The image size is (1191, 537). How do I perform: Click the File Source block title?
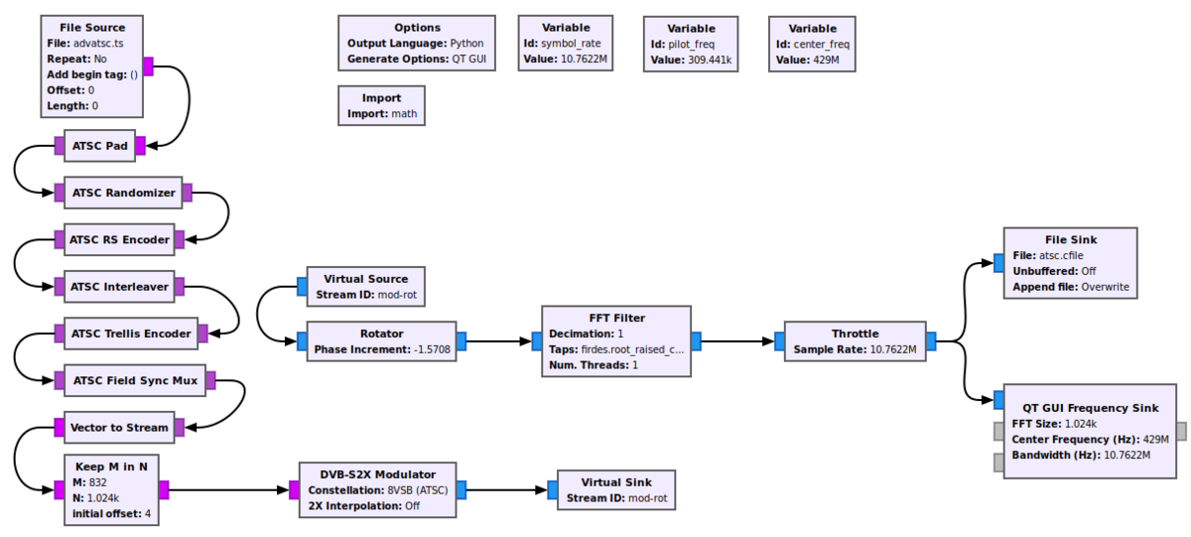[93, 27]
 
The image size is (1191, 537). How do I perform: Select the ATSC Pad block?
[99, 146]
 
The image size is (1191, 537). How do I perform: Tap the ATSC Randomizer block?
[123, 193]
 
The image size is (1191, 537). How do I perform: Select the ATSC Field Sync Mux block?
[134, 380]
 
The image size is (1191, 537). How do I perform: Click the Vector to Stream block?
[118, 428]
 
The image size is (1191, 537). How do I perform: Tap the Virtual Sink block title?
[615, 481]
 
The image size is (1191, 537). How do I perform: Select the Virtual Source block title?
[366, 278]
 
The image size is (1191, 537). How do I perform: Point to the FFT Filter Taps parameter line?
[615, 349]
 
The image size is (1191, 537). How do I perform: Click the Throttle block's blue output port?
[931, 341]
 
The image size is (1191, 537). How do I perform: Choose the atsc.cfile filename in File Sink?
[1062, 255]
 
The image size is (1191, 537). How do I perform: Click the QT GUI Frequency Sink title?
[1090, 408]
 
